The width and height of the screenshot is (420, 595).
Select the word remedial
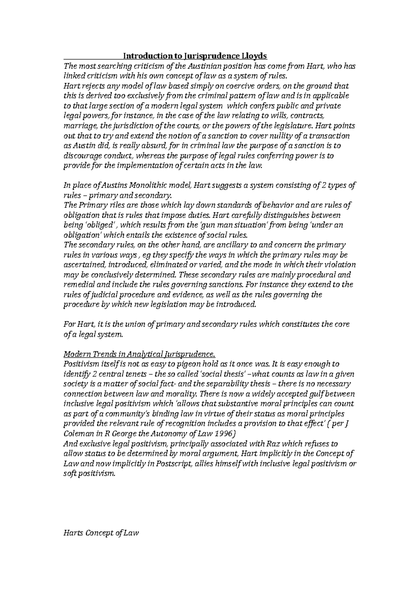[77, 285]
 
